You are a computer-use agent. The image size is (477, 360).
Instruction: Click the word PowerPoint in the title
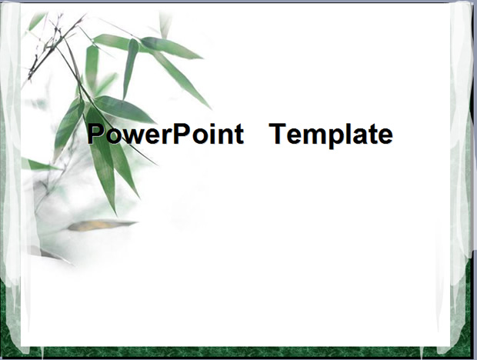(x=165, y=134)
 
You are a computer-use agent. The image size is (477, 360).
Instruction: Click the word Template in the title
(x=331, y=135)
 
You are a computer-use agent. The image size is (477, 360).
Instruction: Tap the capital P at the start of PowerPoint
(x=95, y=134)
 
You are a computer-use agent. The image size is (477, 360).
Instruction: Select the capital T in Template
(x=277, y=134)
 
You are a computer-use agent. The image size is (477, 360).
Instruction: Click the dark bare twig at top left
(x=52, y=45)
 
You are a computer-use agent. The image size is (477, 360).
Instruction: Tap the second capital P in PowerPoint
(x=182, y=134)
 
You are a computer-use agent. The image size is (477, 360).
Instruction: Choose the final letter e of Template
(x=385, y=136)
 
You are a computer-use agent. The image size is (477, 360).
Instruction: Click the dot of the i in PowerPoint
(x=212, y=125)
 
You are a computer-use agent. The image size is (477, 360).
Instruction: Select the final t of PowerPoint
(x=239, y=135)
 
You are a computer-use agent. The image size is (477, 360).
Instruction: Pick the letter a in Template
(x=360, y=136)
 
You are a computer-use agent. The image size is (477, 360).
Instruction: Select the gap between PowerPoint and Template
(x=256, y=134)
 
